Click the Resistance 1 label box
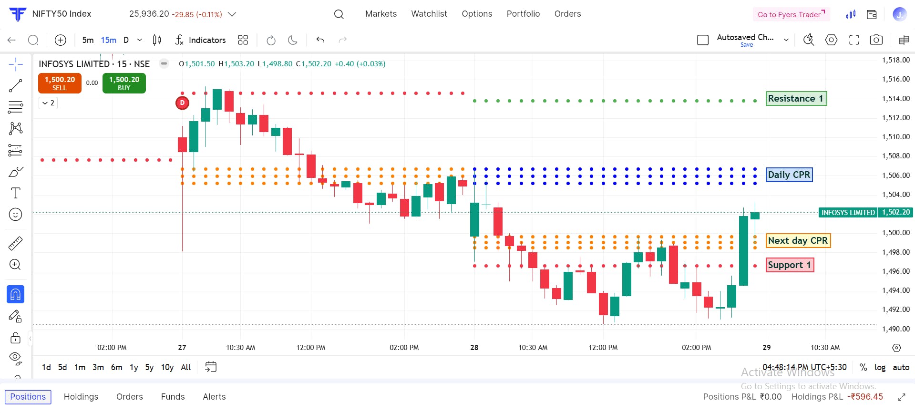click(796, 99)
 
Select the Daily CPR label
click(789, 175)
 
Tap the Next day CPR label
click(798, 241)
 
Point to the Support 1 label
click(789, 265)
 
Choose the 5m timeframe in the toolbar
click(88, 40)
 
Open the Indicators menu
click(201, 40)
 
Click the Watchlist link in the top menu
click(429, 14)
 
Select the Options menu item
click(477, 14)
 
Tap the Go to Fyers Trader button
click(791, 14)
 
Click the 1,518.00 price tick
click(895, 60)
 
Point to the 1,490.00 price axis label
click(895, 329)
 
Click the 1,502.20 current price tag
click(895, 213)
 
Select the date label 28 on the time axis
click(474, 348)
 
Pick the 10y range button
click(167, 367)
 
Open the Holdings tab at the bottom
click(81, 397)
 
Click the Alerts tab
click(214, 397)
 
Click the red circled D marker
click(182, 103)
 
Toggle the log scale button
click(880, 367)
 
